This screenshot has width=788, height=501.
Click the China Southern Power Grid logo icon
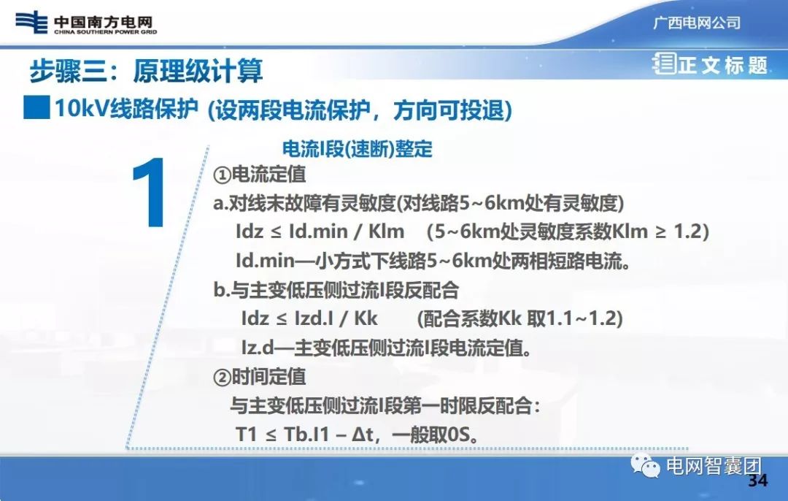pos(31,22)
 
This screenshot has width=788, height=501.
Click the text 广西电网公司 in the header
pos(696,23)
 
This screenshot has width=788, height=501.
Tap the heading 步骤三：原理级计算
pos(146,71)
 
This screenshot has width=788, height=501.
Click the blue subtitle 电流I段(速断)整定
pos(357,150)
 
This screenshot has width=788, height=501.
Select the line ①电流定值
pos(260,175)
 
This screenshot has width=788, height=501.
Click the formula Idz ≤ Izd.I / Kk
pos(309,319)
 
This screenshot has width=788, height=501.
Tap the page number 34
pos(759,481)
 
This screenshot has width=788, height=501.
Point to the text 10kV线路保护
pos(126,109)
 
